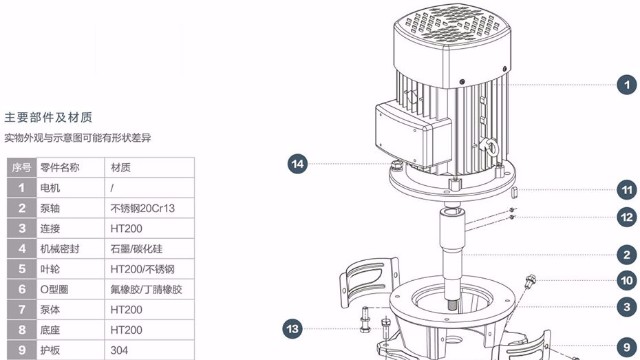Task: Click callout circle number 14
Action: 298,164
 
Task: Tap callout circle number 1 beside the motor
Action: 627,85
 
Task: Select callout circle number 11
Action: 627,190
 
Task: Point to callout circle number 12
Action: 627,217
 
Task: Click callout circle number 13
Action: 293,329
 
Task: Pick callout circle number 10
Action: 627,280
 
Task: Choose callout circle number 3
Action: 627,307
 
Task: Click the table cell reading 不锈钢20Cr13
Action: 142,208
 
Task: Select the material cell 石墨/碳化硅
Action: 136,249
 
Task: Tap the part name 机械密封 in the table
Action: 60,249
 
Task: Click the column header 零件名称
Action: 60,167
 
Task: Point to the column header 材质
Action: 120,167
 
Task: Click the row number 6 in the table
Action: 22,289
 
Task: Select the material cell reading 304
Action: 119,350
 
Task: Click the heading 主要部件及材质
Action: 48,118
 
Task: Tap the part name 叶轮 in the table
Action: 50,269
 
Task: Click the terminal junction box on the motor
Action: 413,134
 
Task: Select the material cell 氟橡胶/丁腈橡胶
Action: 146,289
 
